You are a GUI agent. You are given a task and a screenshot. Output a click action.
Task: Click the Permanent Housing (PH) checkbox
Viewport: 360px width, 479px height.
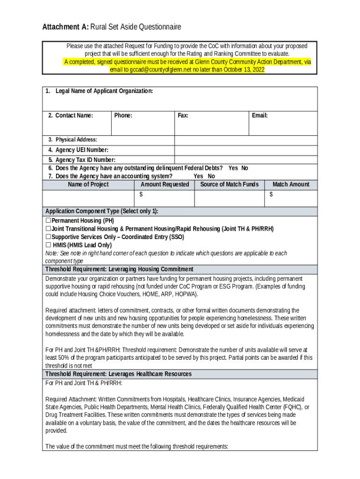click(48, 221)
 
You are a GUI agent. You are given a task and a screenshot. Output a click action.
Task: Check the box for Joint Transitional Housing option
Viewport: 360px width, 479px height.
click(48, 229)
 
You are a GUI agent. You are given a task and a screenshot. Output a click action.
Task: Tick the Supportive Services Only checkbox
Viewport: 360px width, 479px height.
click(48, 237)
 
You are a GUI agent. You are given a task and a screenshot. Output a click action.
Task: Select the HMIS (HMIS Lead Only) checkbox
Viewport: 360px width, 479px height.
click(48, 245)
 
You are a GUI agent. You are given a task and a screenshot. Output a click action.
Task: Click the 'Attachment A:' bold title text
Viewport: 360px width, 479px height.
click(65, 27)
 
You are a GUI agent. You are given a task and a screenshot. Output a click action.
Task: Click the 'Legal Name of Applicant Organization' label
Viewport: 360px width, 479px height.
click(104, 91)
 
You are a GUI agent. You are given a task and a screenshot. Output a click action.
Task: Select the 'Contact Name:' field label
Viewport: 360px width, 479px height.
click(74, 116)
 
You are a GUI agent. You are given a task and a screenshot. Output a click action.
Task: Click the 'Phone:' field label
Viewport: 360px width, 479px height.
click(123, 116)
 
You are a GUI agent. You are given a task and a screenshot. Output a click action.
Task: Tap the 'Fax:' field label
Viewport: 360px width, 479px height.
click(183, 116)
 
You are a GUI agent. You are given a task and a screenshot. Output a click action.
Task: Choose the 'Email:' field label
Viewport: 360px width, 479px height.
click(259, 116)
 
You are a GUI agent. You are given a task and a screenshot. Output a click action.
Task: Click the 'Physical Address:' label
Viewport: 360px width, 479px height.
click(76, 140)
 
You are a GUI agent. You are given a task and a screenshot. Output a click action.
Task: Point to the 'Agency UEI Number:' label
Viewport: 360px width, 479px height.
click(82, 150)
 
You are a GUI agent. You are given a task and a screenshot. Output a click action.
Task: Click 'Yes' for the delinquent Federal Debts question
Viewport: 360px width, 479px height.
click(233, 168)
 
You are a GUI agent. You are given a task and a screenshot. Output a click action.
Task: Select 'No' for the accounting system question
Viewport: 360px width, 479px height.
click(211, 176)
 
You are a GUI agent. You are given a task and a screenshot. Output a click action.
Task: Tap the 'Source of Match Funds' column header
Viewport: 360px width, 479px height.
click(229, 185)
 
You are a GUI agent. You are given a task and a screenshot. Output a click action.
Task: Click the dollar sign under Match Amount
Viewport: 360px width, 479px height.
click(271, 194)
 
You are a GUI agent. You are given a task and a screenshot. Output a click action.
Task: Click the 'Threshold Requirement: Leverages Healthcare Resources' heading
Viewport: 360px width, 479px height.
click(118, 374)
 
